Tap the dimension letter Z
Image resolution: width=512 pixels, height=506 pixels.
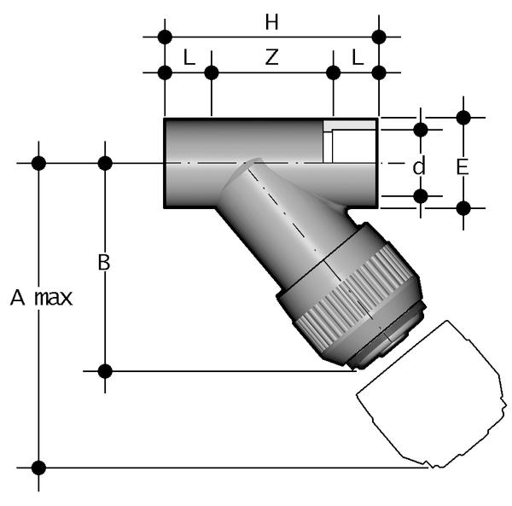[271, 57]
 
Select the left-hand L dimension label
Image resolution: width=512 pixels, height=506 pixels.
[189, 57]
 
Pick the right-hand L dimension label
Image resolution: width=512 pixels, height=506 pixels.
[357, 57]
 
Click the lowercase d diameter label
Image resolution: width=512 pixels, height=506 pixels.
[418, 167]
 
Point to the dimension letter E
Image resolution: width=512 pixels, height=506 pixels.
[463, 167]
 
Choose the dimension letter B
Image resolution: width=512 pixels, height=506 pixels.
[104, 263]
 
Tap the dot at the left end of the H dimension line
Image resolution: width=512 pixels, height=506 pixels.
[165, 37]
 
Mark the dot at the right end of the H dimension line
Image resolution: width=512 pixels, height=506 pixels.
[379, 37]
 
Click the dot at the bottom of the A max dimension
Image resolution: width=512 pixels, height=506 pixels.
[38, 467]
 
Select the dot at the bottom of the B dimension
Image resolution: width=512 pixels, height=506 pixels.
[105, 370]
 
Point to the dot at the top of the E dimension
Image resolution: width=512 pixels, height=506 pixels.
[463, 118]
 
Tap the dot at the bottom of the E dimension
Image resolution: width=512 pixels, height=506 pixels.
[463, 207]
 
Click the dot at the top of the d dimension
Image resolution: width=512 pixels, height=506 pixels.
[420, 130]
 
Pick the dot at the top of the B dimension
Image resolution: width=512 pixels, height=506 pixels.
[105, 162]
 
